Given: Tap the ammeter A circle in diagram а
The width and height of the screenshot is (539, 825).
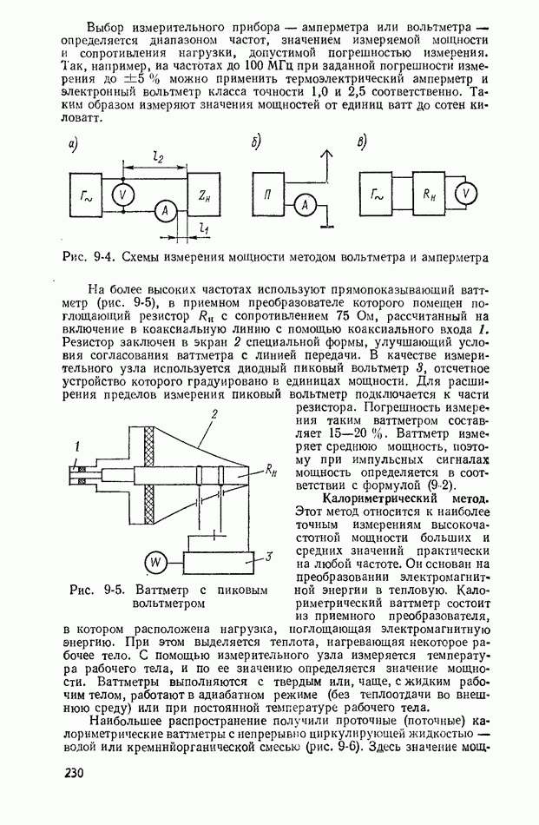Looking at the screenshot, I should pos(161,209).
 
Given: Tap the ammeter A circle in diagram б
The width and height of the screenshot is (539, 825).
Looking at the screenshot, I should pos(304,205).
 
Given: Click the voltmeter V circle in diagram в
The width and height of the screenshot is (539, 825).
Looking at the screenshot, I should pos(468,194).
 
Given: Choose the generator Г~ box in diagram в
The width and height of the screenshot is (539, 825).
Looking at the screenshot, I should pos(377,195).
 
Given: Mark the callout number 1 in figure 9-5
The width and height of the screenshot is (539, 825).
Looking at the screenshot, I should pos(77,447).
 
